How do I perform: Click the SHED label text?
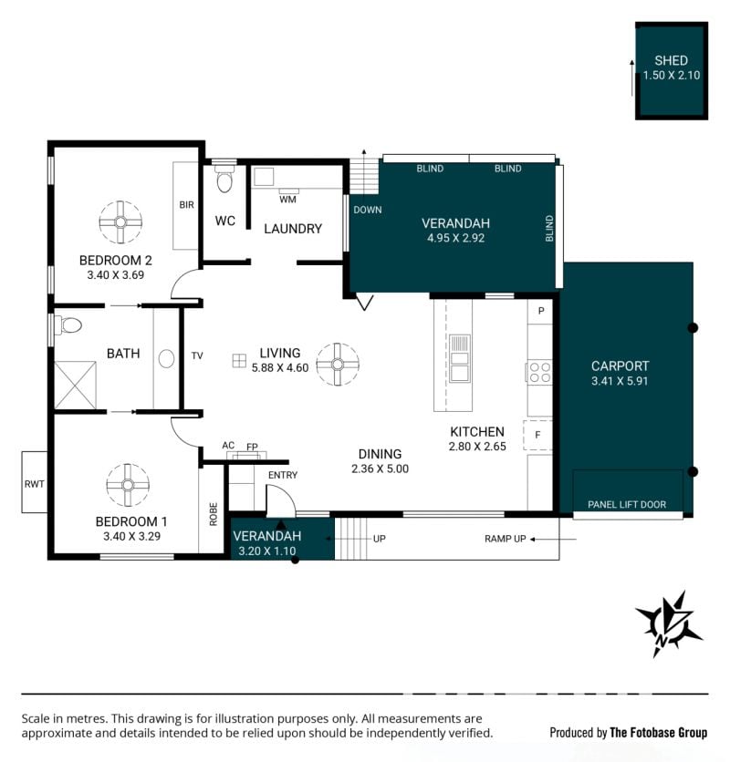pyautogui.click(x=671, y=61)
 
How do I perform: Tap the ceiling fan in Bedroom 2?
pyautogui.click(x=120, y=222)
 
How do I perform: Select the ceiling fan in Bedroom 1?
pyautogui.click(x=128, y=485)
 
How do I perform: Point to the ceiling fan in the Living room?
pyautogui.click(x=338, y=364)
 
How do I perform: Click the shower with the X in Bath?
pyautogui.click(x=76, y=385)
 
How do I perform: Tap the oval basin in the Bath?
pyautogui.click(x=166, y=358)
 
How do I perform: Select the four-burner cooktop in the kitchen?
pyautogui.click(x=539, y=372)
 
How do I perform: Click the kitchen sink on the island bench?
pyautogui.click(x=459, y=358)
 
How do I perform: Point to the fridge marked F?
pyautogui.click(x=537, y=435)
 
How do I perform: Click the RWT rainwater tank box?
pyautogui.click(x=35, y=482)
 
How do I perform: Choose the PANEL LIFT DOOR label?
pyautogui.click(x=627, y=504)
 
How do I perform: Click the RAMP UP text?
pyautogui.click(x=506, y=539)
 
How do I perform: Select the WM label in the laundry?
pyautogui.click(x=287, y=200)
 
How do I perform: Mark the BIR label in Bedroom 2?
pyautogui.click(x=186, y=204)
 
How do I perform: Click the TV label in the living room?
pyautogui.click(x=197, y=355)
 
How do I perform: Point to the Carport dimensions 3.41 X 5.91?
pyautogui.click(x=620, y=381)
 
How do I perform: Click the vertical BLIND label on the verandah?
pyautogui.click(x=549, y=228)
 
